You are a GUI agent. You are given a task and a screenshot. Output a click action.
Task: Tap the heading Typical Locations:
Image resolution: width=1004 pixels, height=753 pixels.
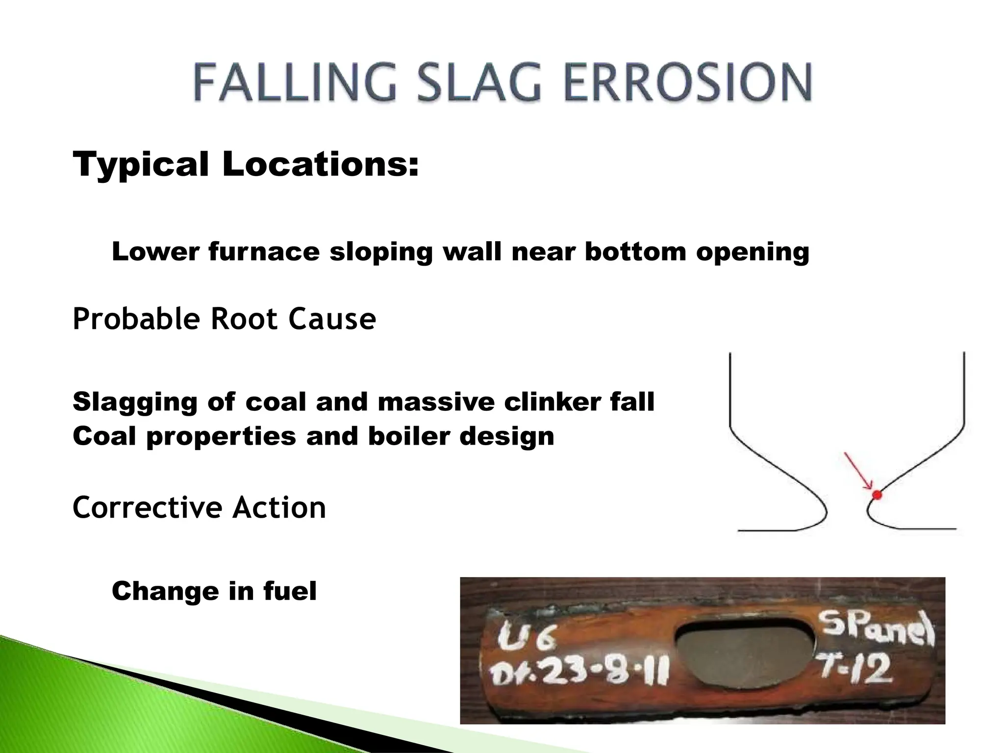click(x=246, y=164)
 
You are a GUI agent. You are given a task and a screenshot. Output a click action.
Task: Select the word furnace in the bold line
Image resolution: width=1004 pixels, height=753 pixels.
click(x=263, y=252)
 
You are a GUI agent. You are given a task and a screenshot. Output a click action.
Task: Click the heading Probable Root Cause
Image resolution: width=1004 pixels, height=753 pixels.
click(x=224, y=319)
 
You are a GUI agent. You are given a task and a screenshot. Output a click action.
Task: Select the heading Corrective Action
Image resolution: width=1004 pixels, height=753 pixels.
click(x=199, y=508)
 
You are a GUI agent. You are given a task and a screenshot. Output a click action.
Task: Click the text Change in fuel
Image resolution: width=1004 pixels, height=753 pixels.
click(x=214, y=591)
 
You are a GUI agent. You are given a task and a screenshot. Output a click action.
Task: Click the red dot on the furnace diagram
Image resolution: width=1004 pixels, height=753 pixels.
click(x=877, y=495)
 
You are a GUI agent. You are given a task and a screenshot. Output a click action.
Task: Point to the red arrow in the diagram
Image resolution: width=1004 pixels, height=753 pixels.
click(x=857, y=471)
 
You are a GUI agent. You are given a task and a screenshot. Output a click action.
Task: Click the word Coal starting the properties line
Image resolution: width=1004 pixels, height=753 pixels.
click(x=104, y=436)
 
